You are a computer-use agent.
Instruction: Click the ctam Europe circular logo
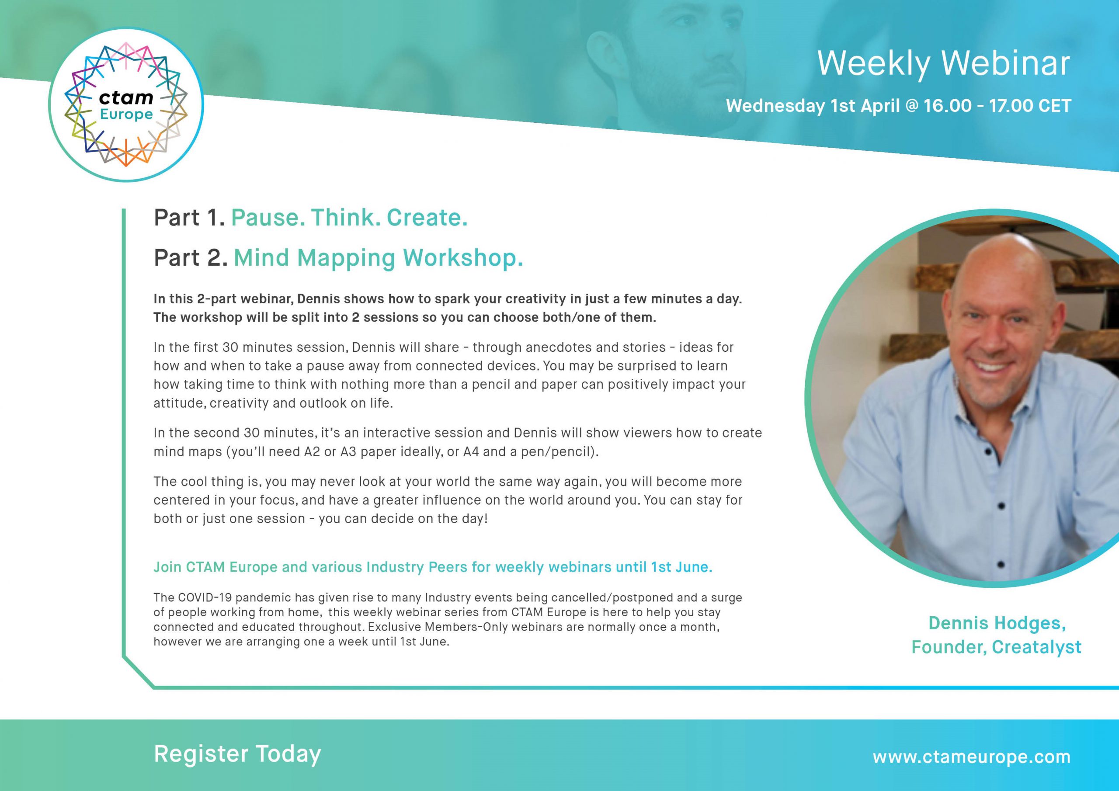(126, 105)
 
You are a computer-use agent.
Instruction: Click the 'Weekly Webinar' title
(944, 64)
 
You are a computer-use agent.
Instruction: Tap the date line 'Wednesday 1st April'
(813, 106)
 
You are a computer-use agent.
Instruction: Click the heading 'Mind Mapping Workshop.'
(378, 258)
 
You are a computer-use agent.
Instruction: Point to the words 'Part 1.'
(189, 218)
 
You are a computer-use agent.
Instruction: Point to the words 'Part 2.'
(191, 258)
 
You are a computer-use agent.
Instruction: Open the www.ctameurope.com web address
(972, 756)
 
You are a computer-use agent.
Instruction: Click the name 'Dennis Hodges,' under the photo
(997, 623)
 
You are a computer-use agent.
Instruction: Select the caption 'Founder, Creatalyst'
(996, 647)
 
